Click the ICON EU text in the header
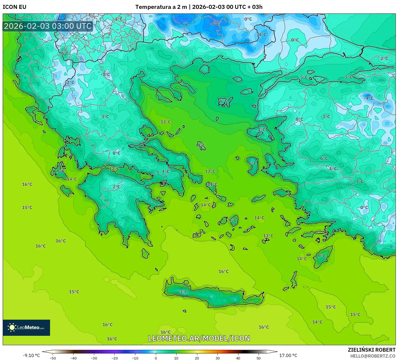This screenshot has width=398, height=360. click(x=15, y=7)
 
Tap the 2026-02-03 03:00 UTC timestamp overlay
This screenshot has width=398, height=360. click(x=48, y=26)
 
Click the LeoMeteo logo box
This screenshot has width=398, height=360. click(x=26, y=327)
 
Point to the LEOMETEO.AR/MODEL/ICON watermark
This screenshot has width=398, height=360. click(x=199, y=338)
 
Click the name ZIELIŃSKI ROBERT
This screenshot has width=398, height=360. click(x=371, y=350)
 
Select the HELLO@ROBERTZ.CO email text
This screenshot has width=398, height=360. click(x=373, y=356)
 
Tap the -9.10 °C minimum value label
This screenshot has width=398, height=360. click(x=31, y=355)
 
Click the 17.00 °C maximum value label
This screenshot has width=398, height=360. click(x=288, y=355)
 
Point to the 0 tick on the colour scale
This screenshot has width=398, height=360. click(x=156, y=358)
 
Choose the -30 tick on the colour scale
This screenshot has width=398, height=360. click(x=94, y=358)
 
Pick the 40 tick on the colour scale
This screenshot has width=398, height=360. click(x=238, y=358)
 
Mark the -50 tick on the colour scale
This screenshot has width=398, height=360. click(x=53, y=358)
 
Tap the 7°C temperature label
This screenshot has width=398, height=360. click(x=360, y=182)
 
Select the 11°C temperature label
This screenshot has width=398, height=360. click(x=212, y=184)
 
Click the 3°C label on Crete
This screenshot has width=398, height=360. click(x=183, y=292)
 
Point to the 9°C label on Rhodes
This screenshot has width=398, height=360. click(x=322, y=256)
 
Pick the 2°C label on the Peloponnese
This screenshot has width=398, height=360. click(x=116, y=187)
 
